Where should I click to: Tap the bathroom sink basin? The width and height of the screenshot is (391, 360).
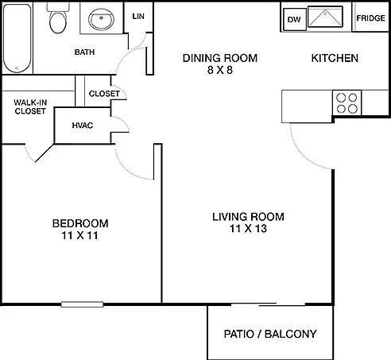pyautogui.click(x=101, y=19)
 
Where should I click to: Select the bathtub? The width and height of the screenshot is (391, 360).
pyautogui.click(x=17, y=38)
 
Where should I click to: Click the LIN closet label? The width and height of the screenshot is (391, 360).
pyautogui.click(x=138, y=17)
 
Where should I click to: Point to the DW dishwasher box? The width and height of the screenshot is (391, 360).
pyautogui.click(x=295, y=19)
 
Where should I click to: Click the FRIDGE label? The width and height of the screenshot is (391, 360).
pyautogui.click(x=370, y=18)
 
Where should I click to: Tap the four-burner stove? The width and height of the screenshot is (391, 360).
pyautogui.click(x=346, y=103)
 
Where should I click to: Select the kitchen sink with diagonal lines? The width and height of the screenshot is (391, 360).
pyautogui.click(x=326, y=17)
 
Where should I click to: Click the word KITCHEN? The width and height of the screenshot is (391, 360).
pyautogui.click(x=335, y=58)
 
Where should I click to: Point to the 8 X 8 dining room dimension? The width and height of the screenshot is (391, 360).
pyautogui.click(x=220, y=70)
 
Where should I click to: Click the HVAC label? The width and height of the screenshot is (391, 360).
pyautogui.click(x=83, y=126)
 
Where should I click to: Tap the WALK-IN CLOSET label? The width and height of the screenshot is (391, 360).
pyautogui.click(x=30, y=106)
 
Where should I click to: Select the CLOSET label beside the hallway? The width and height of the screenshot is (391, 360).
pyautogui.click(x=104, y=94)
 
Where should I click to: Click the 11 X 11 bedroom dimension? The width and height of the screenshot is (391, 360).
pyautogui.click(x=79, y=235)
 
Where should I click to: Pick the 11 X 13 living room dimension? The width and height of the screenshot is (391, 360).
pyautogui.click(x=248, y=228)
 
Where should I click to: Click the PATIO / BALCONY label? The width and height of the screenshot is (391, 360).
pyautogui.click(x=270, y=334)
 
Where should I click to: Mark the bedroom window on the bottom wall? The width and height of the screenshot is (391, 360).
pyautogui.click(x=82, y=304)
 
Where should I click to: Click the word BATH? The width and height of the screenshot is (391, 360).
pyautogui.click(x=84, y=52)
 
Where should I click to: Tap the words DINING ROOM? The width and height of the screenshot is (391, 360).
pyautogui.click(x=220, y=58)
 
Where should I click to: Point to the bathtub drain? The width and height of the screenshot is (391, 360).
pyautogui.click(x=17, y=68)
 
